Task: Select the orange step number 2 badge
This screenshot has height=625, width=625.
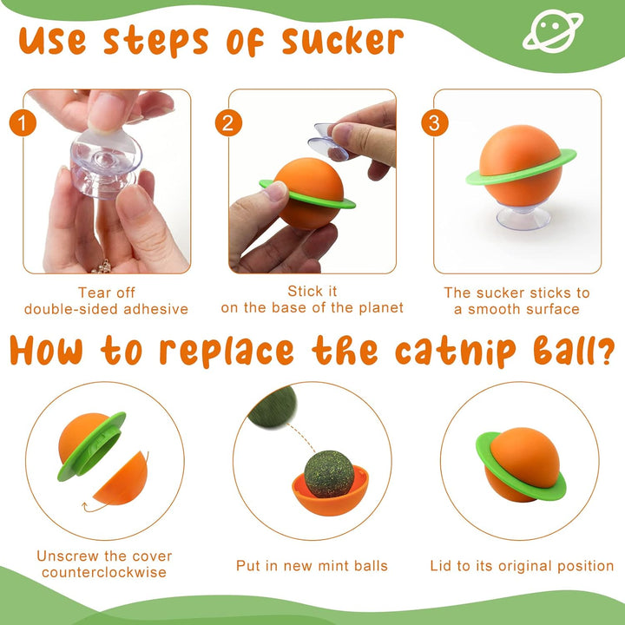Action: (227, 122)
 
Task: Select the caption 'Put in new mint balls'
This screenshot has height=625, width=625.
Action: (312, 566)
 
